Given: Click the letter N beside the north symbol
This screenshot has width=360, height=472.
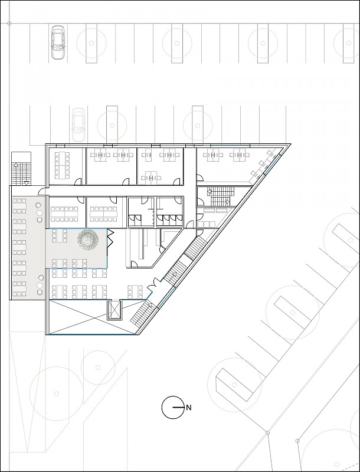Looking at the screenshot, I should (189, 407).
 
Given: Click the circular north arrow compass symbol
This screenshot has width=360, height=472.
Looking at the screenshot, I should (172, 407).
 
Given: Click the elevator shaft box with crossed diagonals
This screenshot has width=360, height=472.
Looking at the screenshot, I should (113, 310).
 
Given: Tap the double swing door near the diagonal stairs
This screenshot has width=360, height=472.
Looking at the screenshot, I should (152, 287).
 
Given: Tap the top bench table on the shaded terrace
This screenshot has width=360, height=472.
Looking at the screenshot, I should (19, 202).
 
